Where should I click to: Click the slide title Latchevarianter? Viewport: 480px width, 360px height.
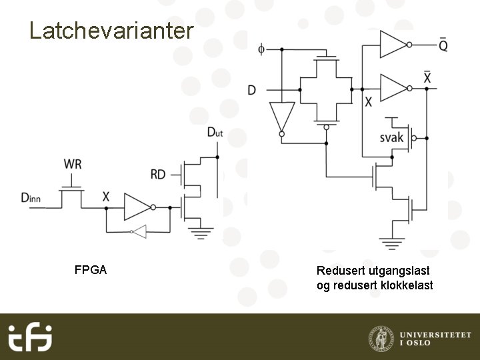111,30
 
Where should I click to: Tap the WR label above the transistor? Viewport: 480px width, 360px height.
73,164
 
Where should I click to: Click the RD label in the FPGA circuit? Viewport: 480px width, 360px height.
158,175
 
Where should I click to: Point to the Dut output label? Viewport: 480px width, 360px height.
215,132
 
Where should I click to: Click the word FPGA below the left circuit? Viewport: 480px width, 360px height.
91,271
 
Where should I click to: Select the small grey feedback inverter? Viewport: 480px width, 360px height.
138,232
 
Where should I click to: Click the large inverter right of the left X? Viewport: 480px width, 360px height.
137,208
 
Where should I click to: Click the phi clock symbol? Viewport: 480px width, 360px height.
261,49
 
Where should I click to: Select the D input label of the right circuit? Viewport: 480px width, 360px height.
251,89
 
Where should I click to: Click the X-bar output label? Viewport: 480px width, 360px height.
427,77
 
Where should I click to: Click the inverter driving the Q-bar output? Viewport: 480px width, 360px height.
393,45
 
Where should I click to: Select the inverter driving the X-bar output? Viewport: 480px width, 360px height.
393,87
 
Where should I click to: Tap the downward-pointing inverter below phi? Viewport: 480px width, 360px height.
281,117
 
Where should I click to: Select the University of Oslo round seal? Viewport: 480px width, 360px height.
380,337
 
